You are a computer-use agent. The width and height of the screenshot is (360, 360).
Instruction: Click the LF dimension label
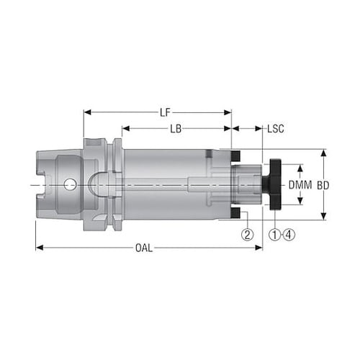(165, 112)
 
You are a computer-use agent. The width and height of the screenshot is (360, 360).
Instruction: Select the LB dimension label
(176, 129)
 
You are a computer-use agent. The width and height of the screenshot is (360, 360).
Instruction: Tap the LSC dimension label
(276, 129)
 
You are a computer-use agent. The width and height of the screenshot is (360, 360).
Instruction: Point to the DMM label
(300, 185)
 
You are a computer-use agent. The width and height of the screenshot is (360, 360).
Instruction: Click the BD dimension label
(323, 185)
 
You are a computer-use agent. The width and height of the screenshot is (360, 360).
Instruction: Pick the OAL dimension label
(144, 248)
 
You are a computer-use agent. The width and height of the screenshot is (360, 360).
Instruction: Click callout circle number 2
(248, 235)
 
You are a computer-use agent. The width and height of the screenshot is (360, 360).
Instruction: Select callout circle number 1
(275, 235)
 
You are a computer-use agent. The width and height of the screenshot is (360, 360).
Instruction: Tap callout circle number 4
(289, 235)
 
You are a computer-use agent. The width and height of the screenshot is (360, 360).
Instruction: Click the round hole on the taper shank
(70, 184)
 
